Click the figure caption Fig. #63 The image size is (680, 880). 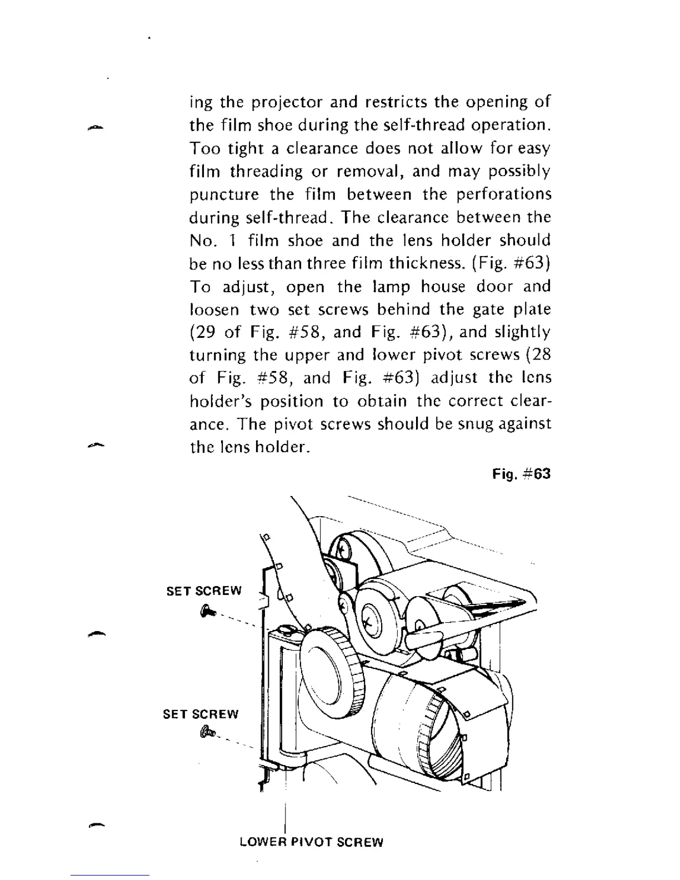click(521, 474)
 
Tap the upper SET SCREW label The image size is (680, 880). click(204, 591)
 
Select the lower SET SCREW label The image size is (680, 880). click(201, 714)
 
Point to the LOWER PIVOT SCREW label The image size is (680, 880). click(311, 842)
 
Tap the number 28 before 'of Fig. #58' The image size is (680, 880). click(539, 355)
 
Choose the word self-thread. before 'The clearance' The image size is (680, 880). click(287, 218)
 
